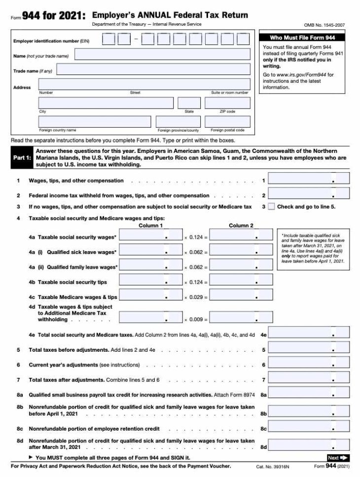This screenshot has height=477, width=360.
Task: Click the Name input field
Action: tap(162, 54)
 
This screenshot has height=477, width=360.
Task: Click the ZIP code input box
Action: tap(227, 103)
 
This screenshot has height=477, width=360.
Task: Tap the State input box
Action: tap(189, 103)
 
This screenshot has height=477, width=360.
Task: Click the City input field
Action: tap(106, 103)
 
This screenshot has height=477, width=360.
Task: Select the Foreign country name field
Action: tap(95, 121)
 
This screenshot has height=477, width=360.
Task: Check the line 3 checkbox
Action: tap(271, 207)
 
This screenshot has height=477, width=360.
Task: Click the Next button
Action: tap(338, 458)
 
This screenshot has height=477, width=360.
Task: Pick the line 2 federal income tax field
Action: tap(309, 194)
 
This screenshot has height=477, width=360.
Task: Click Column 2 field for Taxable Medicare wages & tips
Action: tap(241, 295)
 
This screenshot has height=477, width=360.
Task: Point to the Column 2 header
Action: tap(241, 226)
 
